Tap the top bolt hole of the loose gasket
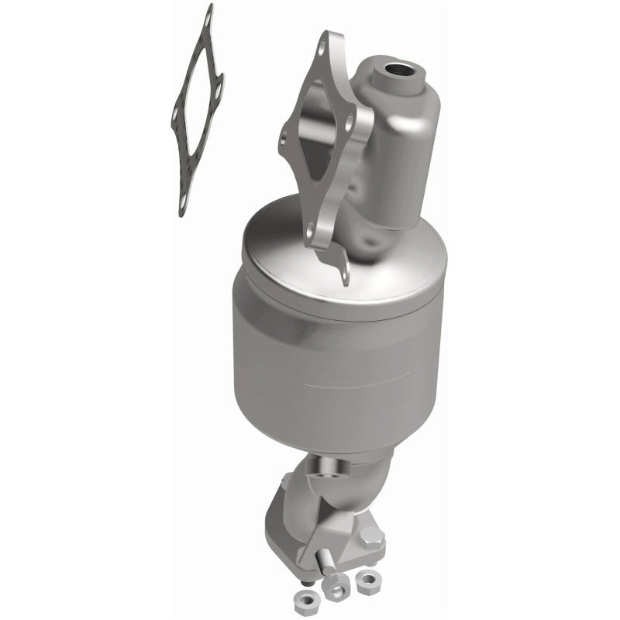click(x=207, y=16)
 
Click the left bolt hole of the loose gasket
click(x=177, y=117)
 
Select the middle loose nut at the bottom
click(x=336, y=591)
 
